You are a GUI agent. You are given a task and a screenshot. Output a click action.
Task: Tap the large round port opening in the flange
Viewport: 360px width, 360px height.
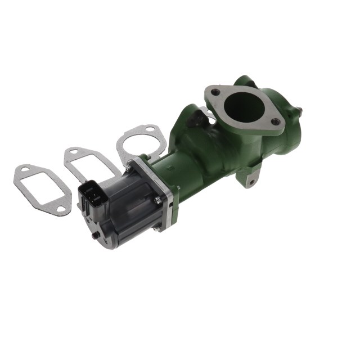(x=244, y=106)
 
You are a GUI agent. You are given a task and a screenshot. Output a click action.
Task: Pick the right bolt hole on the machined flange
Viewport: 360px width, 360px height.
(x=275, y=121)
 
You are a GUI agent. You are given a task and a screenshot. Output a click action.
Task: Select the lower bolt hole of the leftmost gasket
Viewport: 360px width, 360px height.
(x=60, y=209)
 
